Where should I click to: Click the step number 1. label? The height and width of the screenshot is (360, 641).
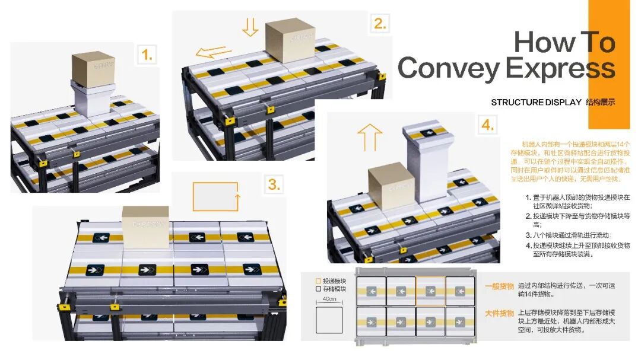146,56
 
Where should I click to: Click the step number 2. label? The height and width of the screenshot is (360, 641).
380,24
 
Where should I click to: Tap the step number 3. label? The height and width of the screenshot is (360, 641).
274,184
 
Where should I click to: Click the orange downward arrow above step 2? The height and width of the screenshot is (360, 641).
250,27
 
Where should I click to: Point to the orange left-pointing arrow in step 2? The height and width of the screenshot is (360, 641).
214,52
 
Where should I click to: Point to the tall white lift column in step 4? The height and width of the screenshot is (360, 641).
424,163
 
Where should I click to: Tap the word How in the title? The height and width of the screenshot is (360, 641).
538,42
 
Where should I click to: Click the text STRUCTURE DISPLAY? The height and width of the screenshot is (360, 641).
535,102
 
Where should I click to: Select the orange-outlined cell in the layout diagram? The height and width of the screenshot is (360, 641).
430,291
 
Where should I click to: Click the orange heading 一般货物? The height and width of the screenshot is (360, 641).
499,286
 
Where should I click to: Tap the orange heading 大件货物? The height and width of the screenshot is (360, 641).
499,313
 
